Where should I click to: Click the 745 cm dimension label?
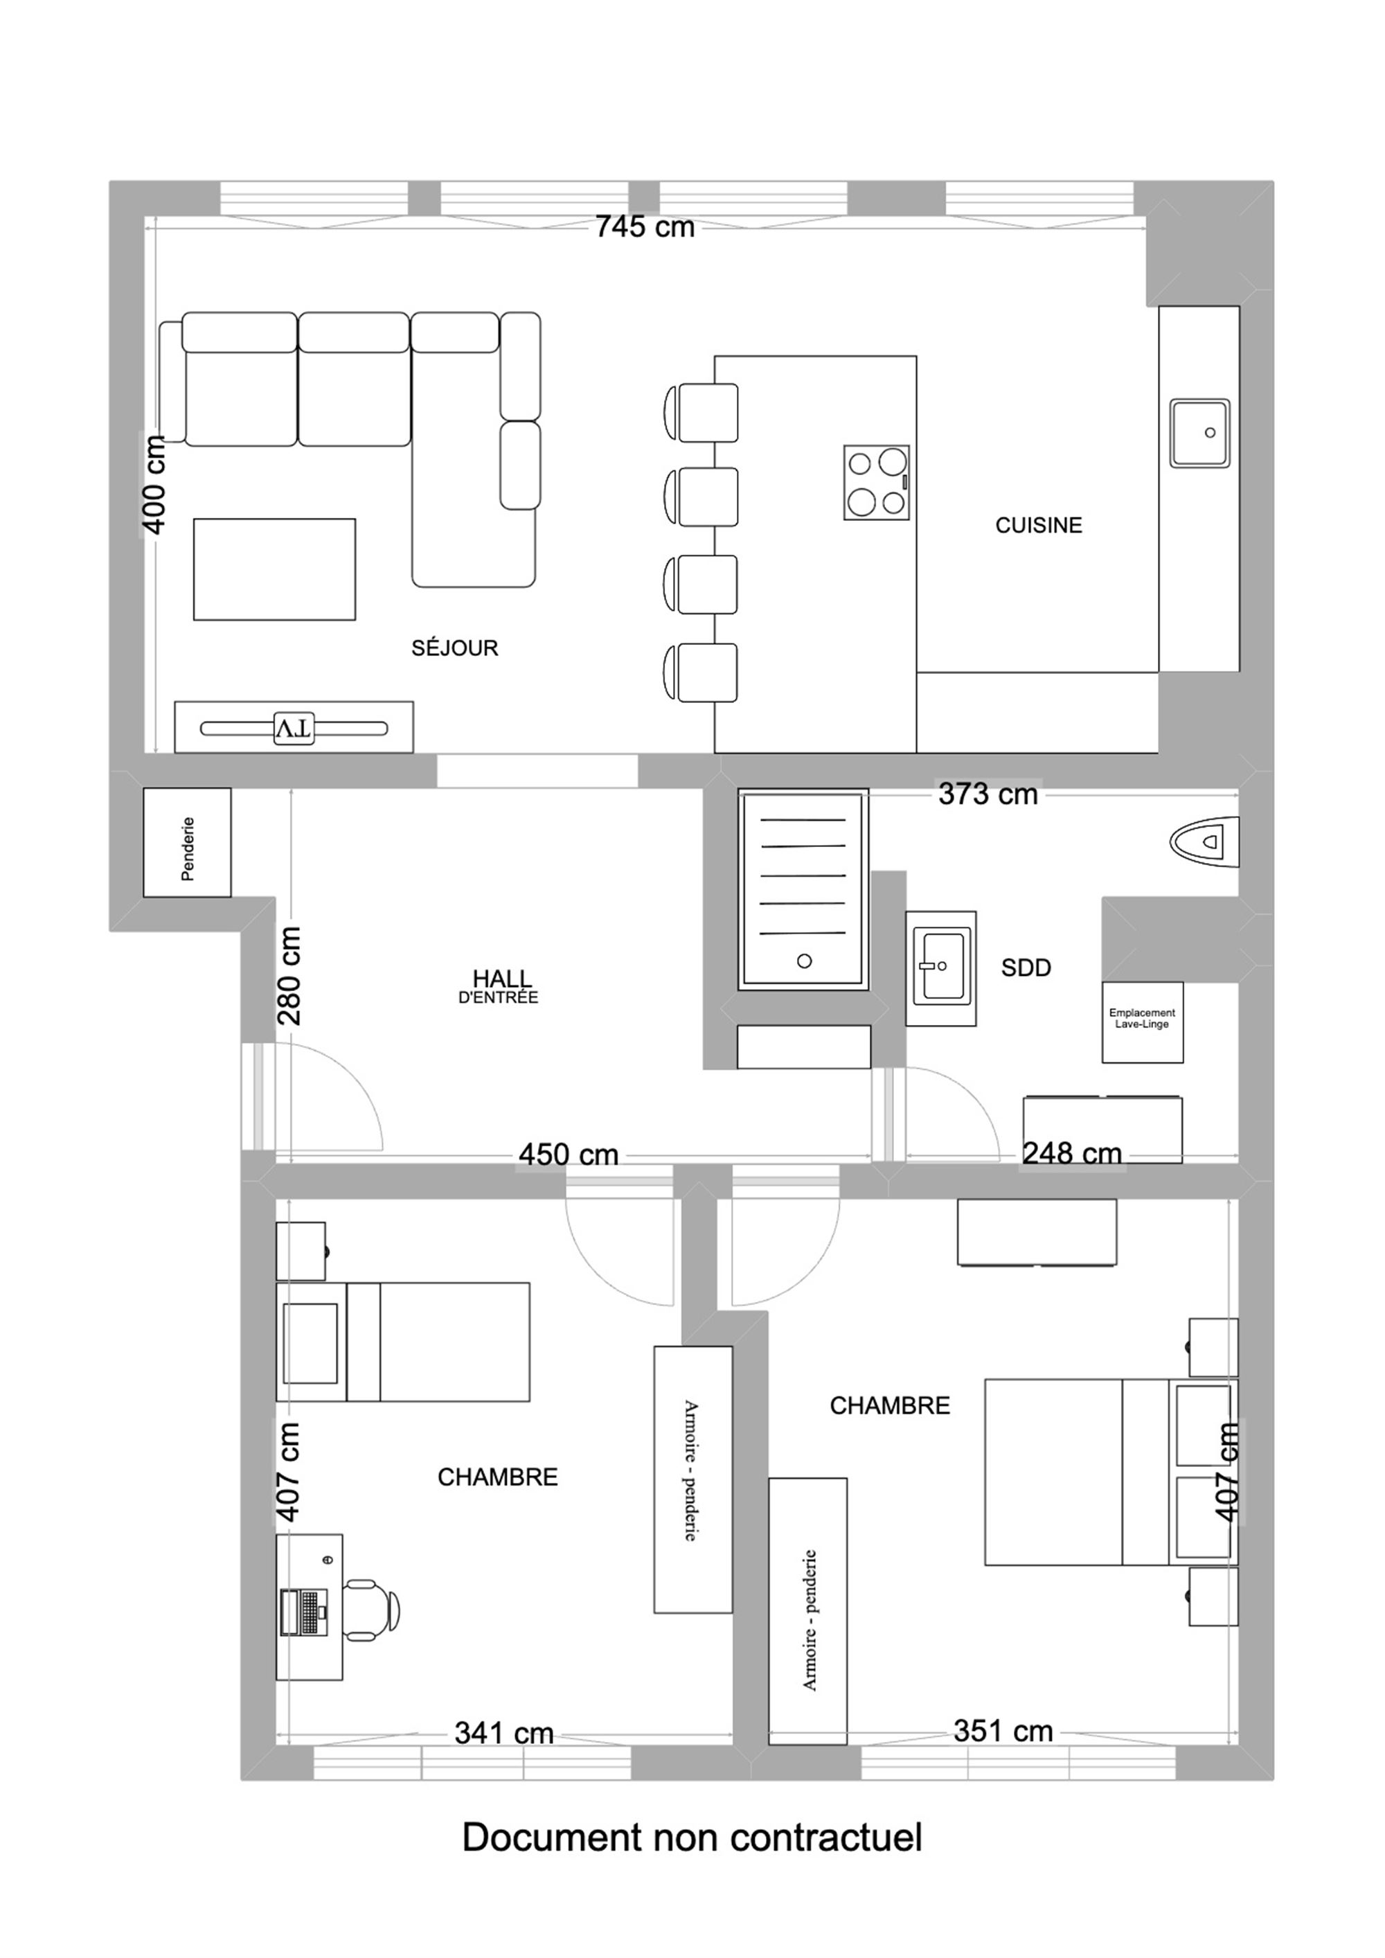pos(645,227)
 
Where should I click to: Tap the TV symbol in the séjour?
pos(294,729)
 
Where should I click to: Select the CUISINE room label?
pos(1039,525)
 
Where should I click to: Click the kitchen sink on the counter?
pos(1200,432)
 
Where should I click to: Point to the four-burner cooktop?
pos(877,483)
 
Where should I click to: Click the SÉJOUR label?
pos(454,648)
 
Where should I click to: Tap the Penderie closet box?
pos(187,842)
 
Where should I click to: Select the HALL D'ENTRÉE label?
pos(500,986)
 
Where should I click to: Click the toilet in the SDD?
pos(1204,842)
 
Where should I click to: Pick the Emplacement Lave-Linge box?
pos(1143,1022)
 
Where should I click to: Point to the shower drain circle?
pos(804,961)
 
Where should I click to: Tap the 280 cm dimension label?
pos(289,976)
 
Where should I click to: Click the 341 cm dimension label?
pos(504,1733)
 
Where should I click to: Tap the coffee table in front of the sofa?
pos(275,569)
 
